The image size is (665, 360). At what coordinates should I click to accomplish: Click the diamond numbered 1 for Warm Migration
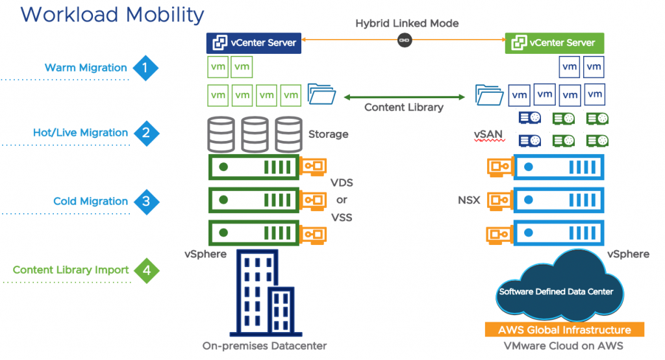[x=145, y=67]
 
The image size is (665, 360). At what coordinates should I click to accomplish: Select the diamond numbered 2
[x=146, y=133]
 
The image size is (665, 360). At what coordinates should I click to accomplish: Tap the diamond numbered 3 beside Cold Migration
[x=146, y=201]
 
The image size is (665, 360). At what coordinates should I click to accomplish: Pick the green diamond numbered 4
[x=146, y=270]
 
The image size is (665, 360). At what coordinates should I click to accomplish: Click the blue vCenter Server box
[x=253, y=43]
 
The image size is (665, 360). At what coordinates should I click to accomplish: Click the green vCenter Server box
[x=554, y=43]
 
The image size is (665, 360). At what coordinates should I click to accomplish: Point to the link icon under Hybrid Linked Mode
[x=403, y=40]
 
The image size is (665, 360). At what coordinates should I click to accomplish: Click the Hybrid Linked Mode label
[x=407, y=23]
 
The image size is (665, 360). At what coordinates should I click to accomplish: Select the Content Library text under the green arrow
[x=403, y=107]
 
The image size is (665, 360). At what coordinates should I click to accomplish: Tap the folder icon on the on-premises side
[x=321, y=94]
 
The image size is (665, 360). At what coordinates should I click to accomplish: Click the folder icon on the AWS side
[x=489, y=94]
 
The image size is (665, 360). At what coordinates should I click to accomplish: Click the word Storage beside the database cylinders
[x=328, y=134]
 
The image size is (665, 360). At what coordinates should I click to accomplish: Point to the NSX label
[x=468, y=200]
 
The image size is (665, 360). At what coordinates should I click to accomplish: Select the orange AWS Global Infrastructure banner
[x=564, y=329]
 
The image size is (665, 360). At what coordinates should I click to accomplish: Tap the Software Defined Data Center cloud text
[x=555, y=292]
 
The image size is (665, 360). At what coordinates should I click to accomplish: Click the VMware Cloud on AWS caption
[x=564, y=346]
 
